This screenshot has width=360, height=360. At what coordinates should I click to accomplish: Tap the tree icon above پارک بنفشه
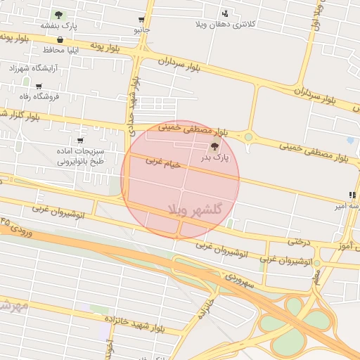coord(58,14)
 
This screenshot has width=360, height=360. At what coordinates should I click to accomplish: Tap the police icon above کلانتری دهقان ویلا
coord(225,13)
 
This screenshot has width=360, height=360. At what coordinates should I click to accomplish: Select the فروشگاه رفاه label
coord(40,96)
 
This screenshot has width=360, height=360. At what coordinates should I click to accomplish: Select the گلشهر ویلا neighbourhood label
coord(195,210)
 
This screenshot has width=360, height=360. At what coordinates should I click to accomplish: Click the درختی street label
coord(298,241)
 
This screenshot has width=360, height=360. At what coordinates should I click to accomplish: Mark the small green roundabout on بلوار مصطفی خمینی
coord(248,137)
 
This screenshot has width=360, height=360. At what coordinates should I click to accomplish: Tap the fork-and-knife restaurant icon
coord(352,195)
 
